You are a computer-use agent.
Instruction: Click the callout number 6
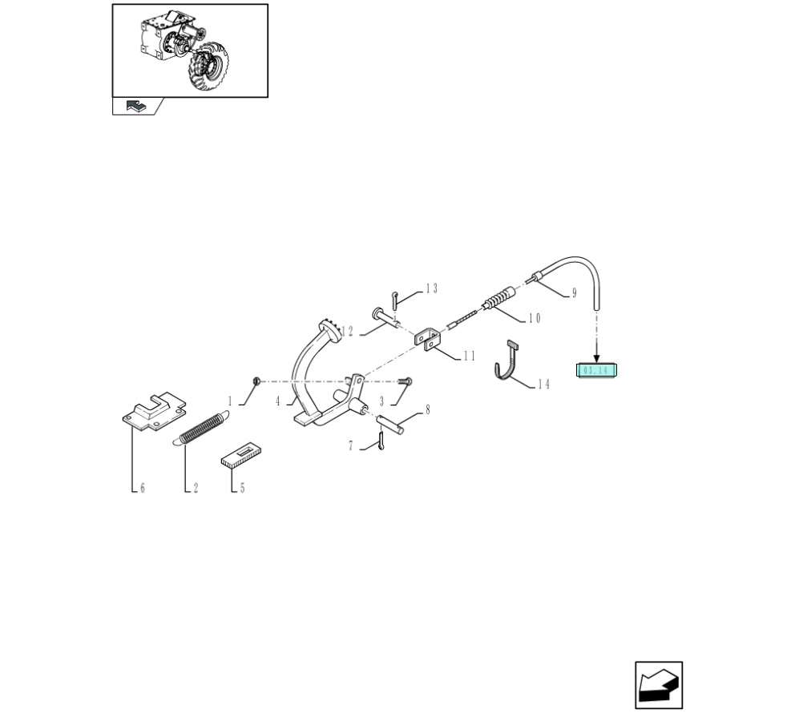(x=143, y=488)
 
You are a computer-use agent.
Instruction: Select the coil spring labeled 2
(x=201, y=428)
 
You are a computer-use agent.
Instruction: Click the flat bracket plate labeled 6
(x=154, y=411)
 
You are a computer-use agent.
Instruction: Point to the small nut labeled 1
(x=256, y=381)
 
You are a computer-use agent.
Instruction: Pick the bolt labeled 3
(x=405, y=381)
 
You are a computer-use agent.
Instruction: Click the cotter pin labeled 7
(x=380, y=441)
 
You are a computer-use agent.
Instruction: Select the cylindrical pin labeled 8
(x=390, y=424)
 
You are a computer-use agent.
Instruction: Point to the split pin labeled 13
(x=395, y=300)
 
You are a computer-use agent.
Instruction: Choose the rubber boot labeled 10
(x=499, y=299)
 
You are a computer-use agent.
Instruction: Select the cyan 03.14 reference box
(x=596, y=370)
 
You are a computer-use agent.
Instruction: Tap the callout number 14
(x=543, y=384)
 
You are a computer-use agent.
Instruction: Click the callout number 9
(x=574, y=293)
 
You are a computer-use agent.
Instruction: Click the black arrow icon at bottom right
(x=658, y=685)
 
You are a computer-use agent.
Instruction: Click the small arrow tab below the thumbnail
(x=136, y=106)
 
